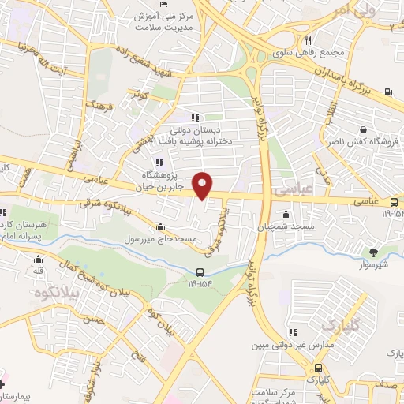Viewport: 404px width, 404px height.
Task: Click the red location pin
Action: (204, 185)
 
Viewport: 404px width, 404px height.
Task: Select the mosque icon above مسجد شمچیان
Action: (285, 215)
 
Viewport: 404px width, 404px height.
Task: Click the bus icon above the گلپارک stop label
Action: (316, 368)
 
